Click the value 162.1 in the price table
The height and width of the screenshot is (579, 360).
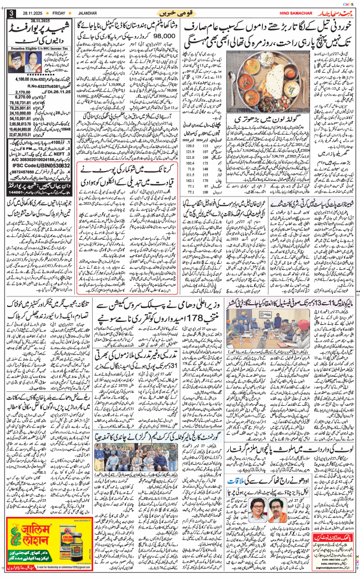191,180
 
